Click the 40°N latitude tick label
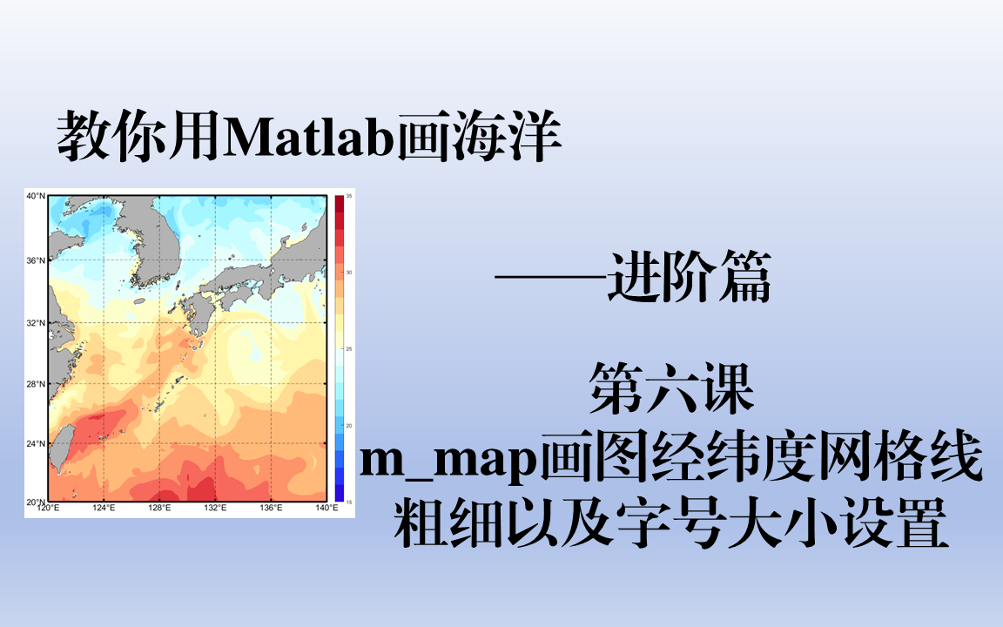click(x=36, y=196)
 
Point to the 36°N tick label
click(x=36, y=260)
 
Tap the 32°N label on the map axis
click(x=36, y=322)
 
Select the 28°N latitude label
click(x=36, y=384)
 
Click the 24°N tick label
click(x=36, y=443)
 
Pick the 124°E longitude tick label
click(x=104, y=508)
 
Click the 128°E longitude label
click(x=159, y=508)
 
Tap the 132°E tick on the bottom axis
click(x=215, y=508)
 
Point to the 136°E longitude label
click(x=271, y=508)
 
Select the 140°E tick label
click(x=326, y=508)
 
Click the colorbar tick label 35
click(x=349, y=196)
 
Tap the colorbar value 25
click(x=349, y=348)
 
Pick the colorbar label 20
click(x=349, y=426)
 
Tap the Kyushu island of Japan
click(x=199, y=313)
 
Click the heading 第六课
click(x=671, y=388)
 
